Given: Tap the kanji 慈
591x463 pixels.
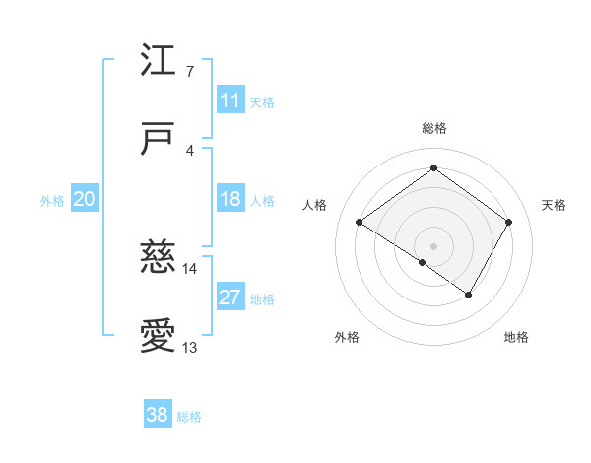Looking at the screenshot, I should pos(159,257).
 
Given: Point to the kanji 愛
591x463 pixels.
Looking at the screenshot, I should pos(159,336).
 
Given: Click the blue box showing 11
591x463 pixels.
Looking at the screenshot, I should pos(230,100).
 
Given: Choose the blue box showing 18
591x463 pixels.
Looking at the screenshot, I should pos(230,199).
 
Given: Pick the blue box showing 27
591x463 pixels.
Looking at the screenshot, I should pos(230,298).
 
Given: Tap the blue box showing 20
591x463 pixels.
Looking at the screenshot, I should pos(85,200).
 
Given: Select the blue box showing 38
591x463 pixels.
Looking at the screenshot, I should pos(158,416).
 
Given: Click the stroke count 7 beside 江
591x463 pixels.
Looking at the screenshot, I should pos(190,71).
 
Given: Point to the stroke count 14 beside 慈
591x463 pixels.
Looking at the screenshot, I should pos(190,268).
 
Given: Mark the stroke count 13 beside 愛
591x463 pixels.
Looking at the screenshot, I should pos(190,347).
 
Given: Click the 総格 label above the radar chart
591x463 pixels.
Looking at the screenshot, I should pos(434,128).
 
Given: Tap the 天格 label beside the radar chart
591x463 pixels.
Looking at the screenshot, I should pos(554,205).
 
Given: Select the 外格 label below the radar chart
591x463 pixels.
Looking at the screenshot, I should pos(347,337).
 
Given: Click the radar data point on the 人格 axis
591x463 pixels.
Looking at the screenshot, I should pos(360,223).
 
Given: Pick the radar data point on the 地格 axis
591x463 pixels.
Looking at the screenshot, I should pos(469,295).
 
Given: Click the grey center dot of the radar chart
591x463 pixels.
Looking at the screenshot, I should pos(434,245).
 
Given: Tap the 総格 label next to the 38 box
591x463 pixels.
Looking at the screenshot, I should pos(189,417).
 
